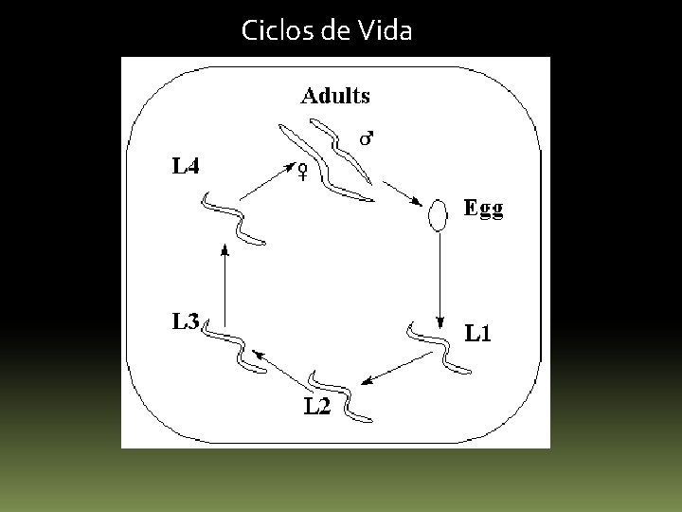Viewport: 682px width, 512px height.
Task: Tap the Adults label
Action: [335, 95]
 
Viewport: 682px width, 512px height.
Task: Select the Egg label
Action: [483, 209]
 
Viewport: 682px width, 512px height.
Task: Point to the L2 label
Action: [318, 408]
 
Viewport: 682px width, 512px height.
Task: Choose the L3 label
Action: [185, 321]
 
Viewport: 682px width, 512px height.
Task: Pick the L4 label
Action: [186, 167]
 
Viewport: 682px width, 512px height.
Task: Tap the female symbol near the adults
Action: [302, 172]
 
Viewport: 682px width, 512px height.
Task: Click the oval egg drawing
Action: [437, 215]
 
